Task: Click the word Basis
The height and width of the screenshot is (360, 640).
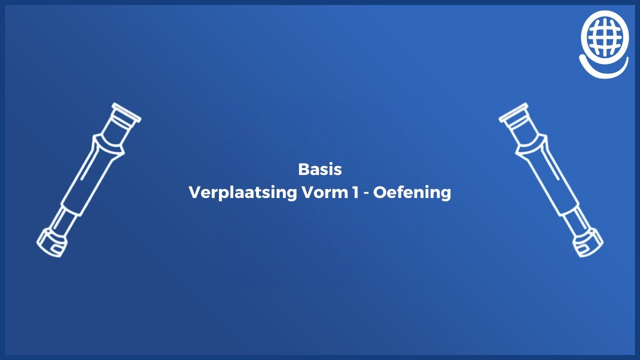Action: (x=319, y=169)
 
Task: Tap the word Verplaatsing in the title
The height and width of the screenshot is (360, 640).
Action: (x=242, y=192)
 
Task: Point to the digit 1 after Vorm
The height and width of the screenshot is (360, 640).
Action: (x=354, y=192)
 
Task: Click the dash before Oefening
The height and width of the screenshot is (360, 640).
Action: (x=366, y=193)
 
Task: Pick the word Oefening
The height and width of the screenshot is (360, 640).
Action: (x=412, y=192)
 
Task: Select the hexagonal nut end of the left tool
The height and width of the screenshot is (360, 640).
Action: (x=51, y=242)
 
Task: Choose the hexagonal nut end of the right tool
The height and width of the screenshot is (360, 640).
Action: (x=588, y=242)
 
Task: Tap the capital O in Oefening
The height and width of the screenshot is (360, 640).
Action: (x=380, y=192)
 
